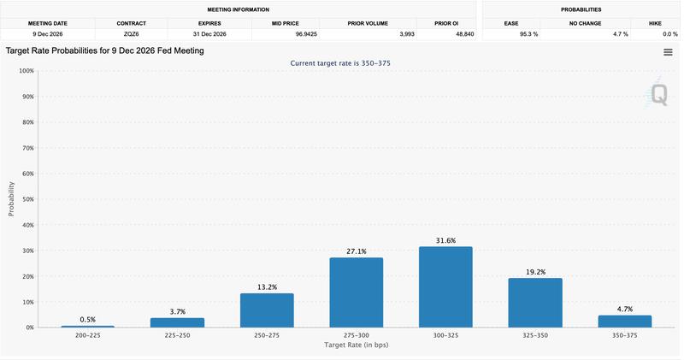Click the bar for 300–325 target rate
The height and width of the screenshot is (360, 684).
[445, 287]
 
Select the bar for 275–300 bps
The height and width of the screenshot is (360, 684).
[356, 292]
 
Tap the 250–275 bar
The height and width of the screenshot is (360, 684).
[267, 310]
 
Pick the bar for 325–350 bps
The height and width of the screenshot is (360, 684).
[535, 303]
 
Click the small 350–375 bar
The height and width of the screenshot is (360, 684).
[624, 322]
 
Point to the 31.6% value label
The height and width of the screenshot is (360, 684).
[445, 240]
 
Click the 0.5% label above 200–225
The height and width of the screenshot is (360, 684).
[88, 320]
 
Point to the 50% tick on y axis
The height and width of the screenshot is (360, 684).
[26, 199]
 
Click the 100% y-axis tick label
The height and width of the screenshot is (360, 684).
[25, 71]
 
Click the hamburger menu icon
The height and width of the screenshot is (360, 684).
[668, 52]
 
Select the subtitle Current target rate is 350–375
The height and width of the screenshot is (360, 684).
[340, 63]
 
